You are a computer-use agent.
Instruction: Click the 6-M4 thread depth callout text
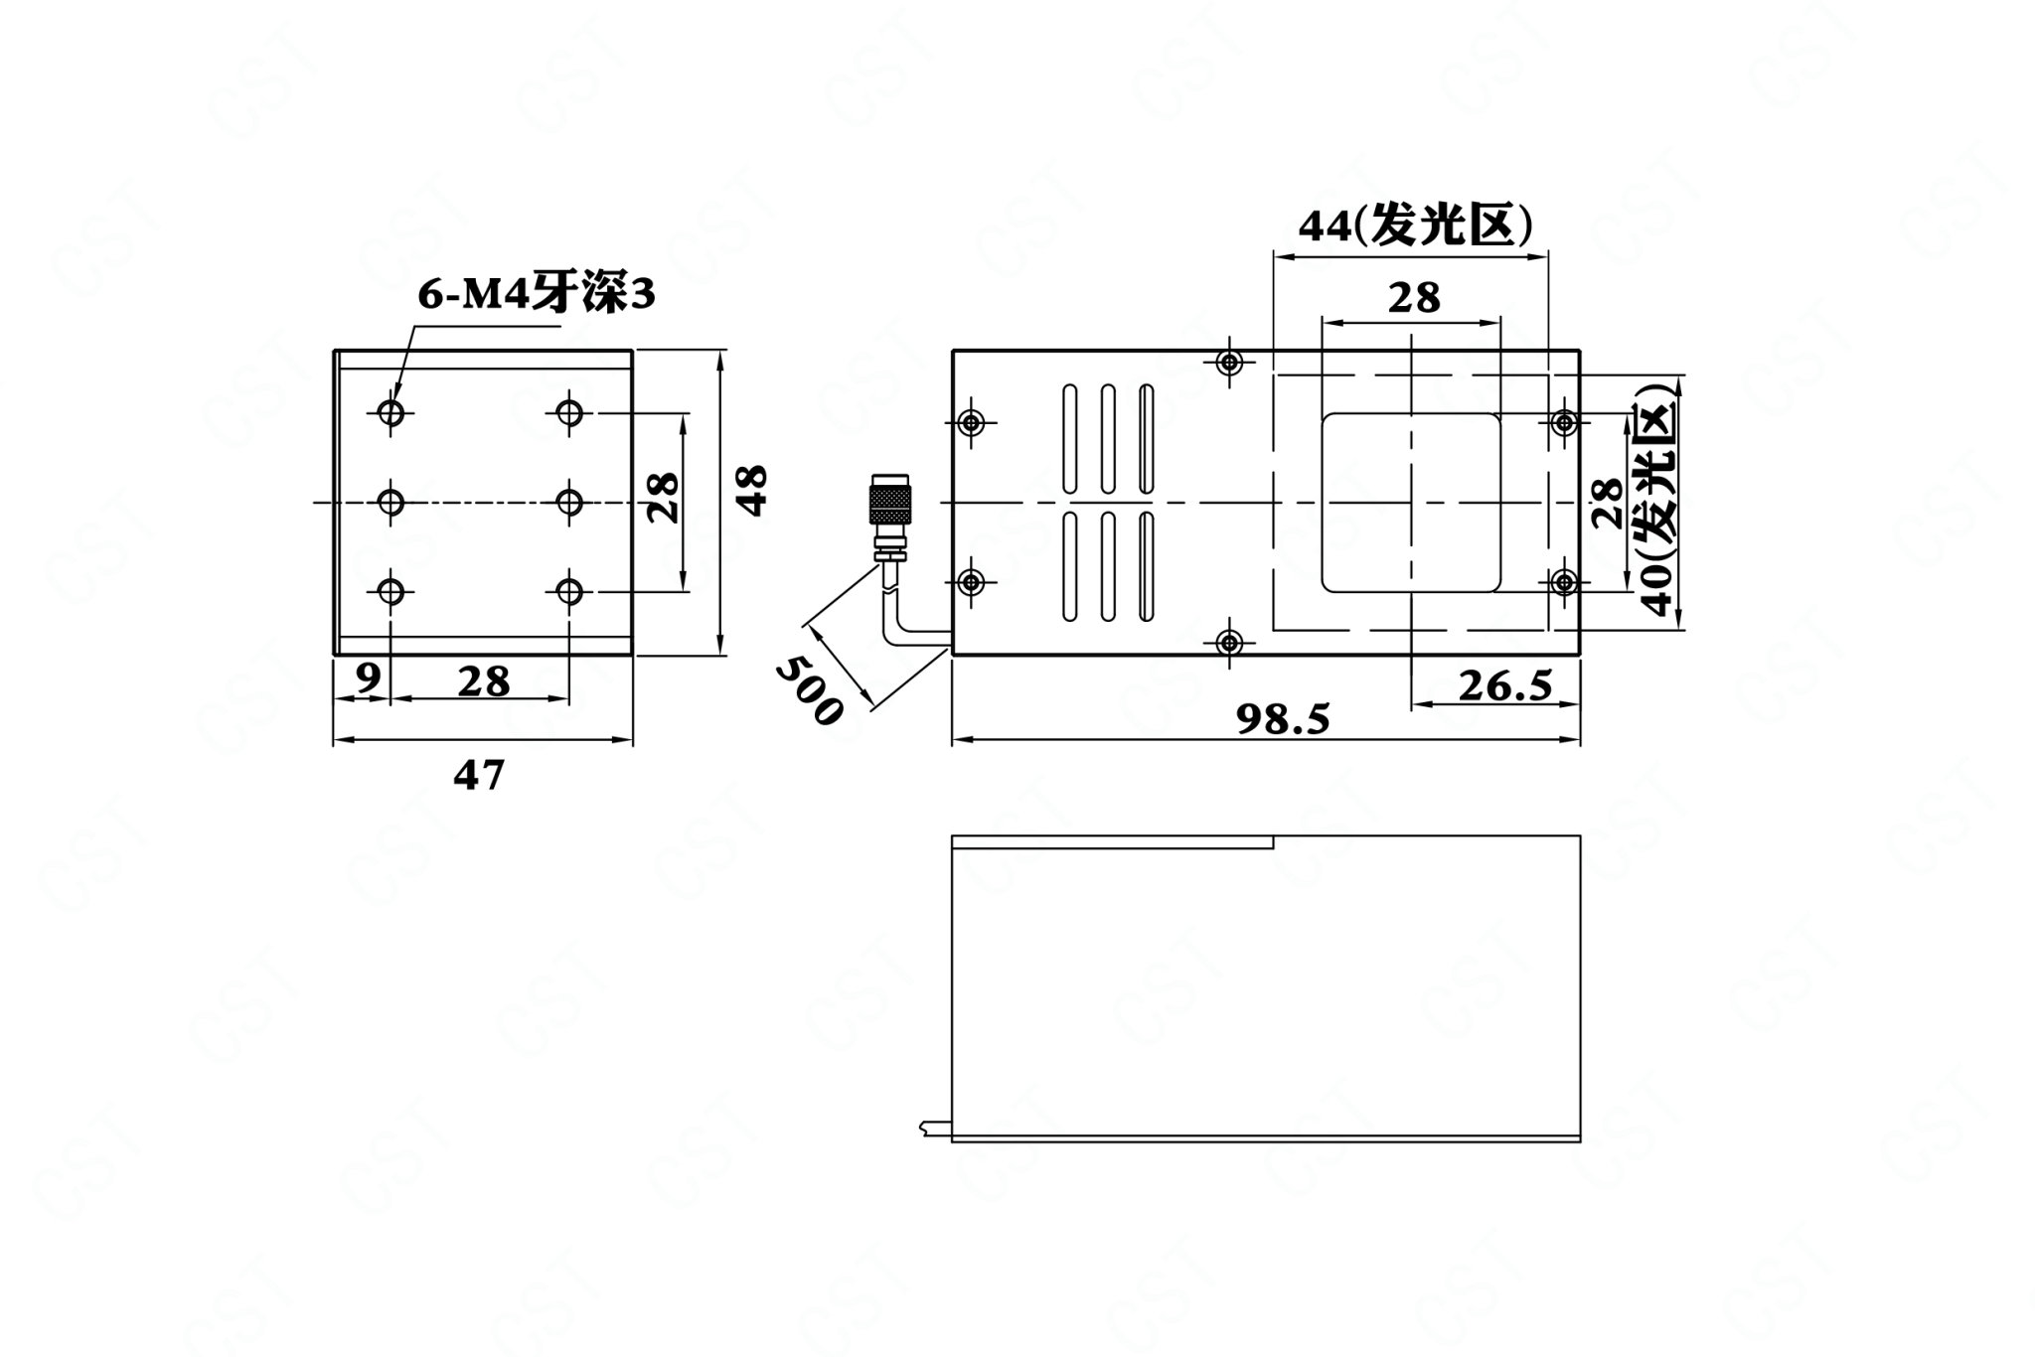click(536, 294)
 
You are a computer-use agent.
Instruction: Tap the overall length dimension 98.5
click(1283, 719)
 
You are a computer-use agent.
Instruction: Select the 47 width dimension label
click(479, 775)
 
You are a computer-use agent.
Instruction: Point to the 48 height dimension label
click(753, 490)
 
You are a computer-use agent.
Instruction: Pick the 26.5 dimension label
click(1505, 685)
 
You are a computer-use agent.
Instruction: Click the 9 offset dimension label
click(368, 678)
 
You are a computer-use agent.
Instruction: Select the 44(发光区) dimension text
click(1415, 227)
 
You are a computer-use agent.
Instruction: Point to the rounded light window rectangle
click(1410, 503)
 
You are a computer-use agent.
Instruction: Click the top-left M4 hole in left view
click(391, 411)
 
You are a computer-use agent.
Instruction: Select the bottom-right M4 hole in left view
click(569, 593)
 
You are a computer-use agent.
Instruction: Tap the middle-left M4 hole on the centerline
click(391, 503)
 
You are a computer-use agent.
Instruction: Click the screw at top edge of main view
click(1231, 363)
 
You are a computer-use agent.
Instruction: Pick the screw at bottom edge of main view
click(1231, 643)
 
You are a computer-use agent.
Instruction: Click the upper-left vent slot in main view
click(1070, 439)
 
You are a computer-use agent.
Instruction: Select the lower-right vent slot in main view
click(1146, 566)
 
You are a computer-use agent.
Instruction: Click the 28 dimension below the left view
click(484, 681)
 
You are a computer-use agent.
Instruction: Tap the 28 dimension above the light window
click(1414, 296)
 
